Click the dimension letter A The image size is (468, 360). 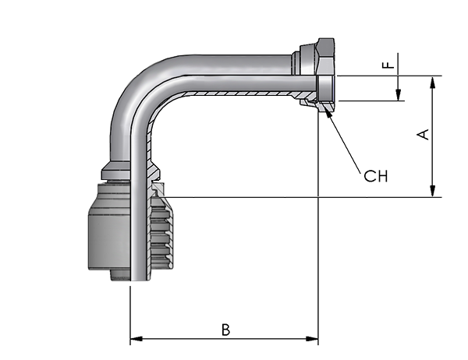click(x=423, y=134)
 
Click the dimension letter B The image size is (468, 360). click(x=226, y=330)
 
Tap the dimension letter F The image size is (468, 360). click(x=388, y=65)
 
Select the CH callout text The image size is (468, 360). click(x=376, y=176)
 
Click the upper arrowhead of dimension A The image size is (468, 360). click(x=432, y=83)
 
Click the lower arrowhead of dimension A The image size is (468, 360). click(x=432, y=191)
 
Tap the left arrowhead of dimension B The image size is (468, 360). click(x=136, y=339)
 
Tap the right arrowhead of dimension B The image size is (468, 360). click(x=312, y=339)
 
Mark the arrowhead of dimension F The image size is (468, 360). click(x=398, y=95)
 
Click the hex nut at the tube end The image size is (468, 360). click(x=326, y=75)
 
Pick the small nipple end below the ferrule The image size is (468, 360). click(x=120, y=275)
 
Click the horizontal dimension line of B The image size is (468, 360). click(x=224, y=339)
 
